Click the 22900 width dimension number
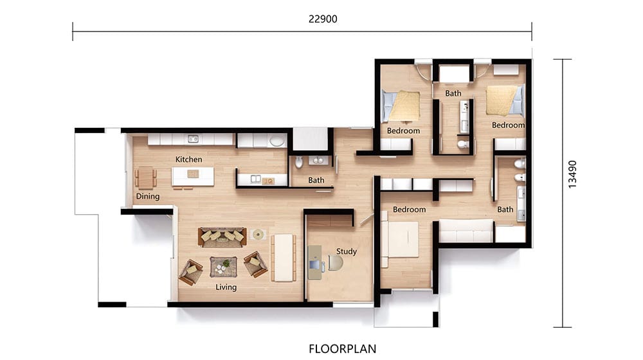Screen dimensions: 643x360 tap(323, 19)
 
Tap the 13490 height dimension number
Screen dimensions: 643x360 tap(572, 174)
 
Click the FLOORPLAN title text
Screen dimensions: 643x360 tap(343, 348)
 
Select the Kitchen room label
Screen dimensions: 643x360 tap(188, 159)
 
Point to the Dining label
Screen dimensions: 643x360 tap(148, 197)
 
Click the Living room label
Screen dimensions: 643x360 tap(226, 287)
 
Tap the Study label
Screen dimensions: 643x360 tap(347, 251)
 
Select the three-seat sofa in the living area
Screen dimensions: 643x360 tap(222, 237)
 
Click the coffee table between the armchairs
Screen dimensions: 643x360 tap(224, 267)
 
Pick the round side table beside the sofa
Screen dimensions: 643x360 tap(258, 235)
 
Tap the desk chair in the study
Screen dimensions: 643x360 tap(335, 263)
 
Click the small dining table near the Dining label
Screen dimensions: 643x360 tap(145, 178)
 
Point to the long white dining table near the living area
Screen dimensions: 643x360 tap(284, 258)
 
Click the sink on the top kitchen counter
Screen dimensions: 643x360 tap(193, 139)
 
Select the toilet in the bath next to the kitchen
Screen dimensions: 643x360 tap(298, 162)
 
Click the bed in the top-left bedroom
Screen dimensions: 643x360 tap(401, 107)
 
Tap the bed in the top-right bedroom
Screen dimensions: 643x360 tap(505, 100)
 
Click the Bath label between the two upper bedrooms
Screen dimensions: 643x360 tap(453, 93)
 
